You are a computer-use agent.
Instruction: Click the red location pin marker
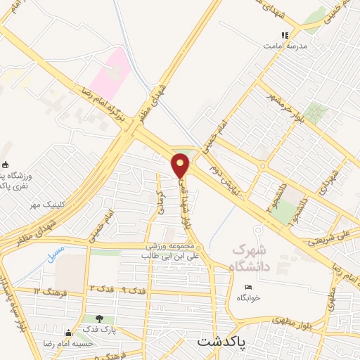tap(181, 165)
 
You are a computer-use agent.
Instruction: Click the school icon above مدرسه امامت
tap(285, 34)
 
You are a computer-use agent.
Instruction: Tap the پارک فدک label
tap(97, 329)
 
